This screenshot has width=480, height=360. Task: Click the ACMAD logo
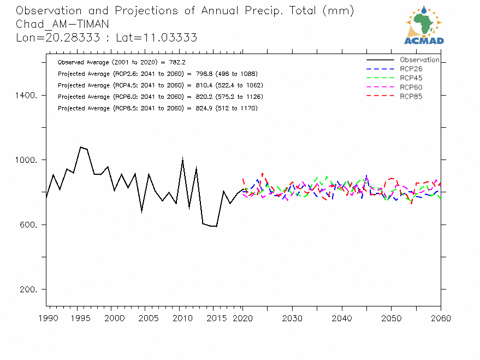point(424,25)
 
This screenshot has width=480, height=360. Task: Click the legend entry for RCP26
point(411,69)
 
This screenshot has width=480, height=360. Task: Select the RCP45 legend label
point(411,78)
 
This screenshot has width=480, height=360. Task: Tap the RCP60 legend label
point(411,87)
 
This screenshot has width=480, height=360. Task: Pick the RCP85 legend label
point(411,97)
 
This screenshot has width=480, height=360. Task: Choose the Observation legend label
point(419,60)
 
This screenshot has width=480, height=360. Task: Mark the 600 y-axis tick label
point(28,225)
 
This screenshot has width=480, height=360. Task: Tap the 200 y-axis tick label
point(28,290)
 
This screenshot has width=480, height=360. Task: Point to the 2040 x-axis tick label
point(342,318)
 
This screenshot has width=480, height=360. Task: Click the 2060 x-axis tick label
point(440,318)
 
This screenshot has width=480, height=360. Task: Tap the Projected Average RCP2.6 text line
point(157,74)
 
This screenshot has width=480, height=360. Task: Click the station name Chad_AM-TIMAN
point(62,24)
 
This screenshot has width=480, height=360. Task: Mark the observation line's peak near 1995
point(80,147)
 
